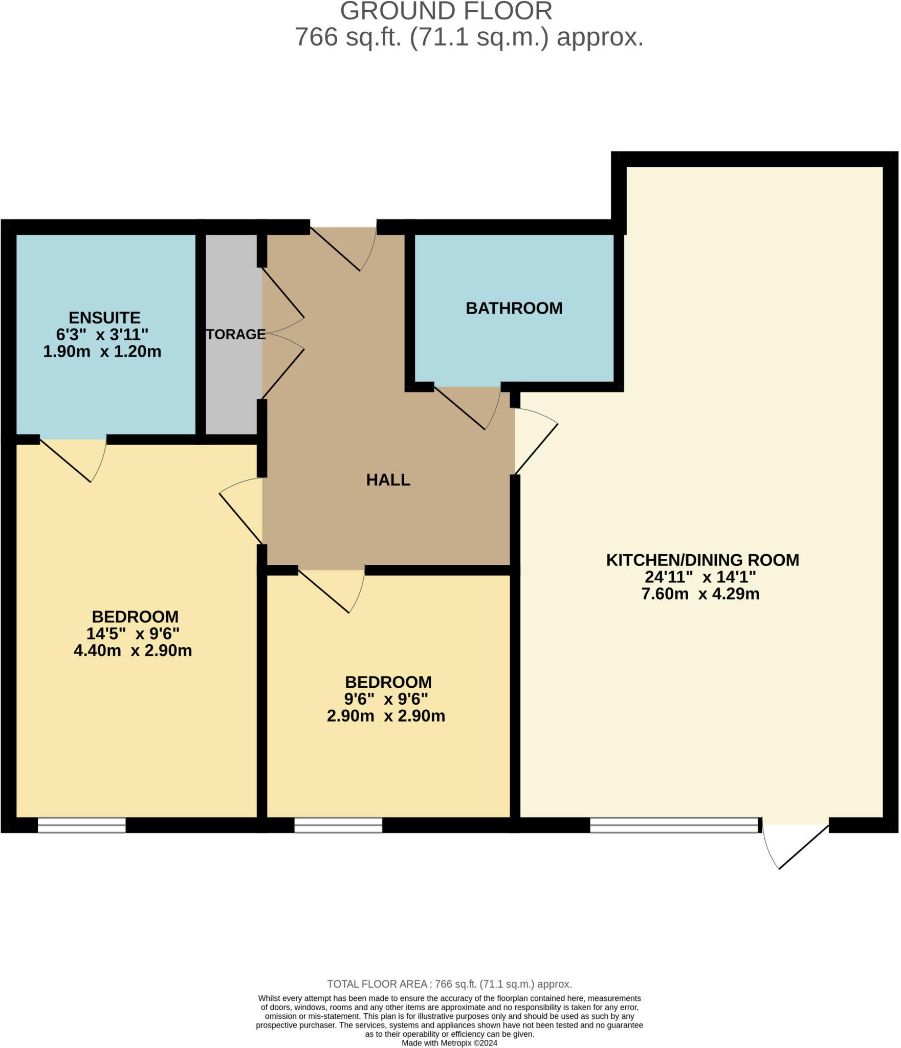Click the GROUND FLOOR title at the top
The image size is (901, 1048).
[446, 11]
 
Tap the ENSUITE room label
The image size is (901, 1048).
[104, 318]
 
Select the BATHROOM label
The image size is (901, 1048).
[514, 308]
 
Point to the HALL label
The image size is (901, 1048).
[388, 480]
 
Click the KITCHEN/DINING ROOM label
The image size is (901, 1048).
[702, 560]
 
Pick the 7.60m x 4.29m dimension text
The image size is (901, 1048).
[700, 594]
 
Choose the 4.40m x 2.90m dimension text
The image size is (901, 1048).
[133, 651]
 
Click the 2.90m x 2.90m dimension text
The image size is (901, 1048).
[386, 716]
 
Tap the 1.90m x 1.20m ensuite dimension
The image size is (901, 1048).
[102, 352]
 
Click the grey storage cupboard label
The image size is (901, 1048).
[235, 334]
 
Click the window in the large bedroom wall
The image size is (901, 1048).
[81, 825]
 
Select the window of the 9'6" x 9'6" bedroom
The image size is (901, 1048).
[338, 825]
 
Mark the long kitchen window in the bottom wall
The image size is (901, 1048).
[674, 825]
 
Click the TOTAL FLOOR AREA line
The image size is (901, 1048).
[449, 984]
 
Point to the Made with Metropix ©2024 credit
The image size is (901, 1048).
[449, 1043]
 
